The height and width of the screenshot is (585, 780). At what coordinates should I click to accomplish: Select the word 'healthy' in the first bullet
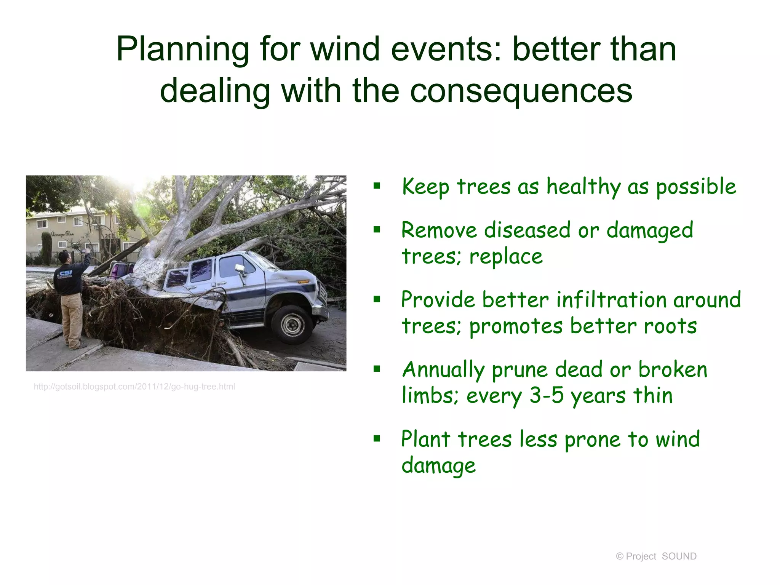coord(583,187)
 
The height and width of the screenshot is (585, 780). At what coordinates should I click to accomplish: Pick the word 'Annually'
coord(443,370)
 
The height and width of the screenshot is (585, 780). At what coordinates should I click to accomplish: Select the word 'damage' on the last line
coord(438,466)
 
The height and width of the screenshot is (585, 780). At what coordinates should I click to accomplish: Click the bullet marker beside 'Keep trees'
coord(377,186)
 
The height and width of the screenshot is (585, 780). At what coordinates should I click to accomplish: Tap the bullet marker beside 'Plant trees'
coord(377,439)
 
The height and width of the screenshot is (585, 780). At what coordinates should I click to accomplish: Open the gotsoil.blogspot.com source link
coord(134,387)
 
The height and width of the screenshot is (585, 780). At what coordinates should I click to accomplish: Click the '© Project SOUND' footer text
coord(656,556)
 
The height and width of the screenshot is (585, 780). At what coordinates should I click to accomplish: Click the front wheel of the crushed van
coord(292,324)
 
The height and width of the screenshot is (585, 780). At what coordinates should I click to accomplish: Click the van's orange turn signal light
coord(304,282)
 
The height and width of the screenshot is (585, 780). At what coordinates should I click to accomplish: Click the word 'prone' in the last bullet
coord(592,440)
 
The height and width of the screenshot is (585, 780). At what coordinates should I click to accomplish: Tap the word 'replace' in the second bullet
coord(506,256)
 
